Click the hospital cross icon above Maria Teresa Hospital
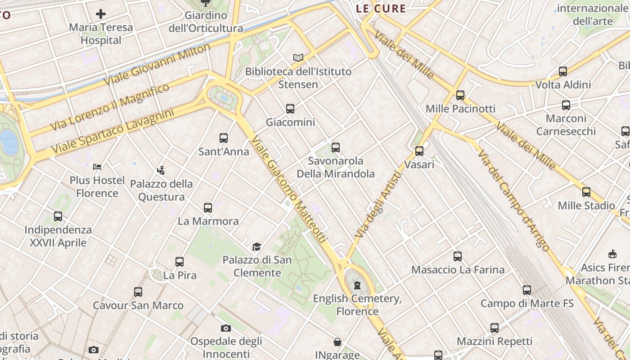click(x=101, y=14)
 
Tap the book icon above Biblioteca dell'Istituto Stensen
click(x=298, y=58)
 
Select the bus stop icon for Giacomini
click(x=290, y=108)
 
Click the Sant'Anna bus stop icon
click(x=224, y=138)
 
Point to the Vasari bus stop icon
click(x=419, y=151)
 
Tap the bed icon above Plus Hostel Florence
click(x=97, y=167)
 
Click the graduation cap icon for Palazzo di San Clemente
click(x=256, y=247)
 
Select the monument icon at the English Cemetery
click(x=357, y=285)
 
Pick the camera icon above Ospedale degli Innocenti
click(x=226, y=328)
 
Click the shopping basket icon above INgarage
click(x=337, y=342)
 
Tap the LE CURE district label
click(x=381, y=9)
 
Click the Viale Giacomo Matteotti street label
click(x=288, y=189)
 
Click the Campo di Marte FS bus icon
click(x=527, y=290)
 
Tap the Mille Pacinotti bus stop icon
click(x=460, y=95)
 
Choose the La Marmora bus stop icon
click(x=207, y=208)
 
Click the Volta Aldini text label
click(x=563, y=85)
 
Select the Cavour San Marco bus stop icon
click(x=138, y=292)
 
